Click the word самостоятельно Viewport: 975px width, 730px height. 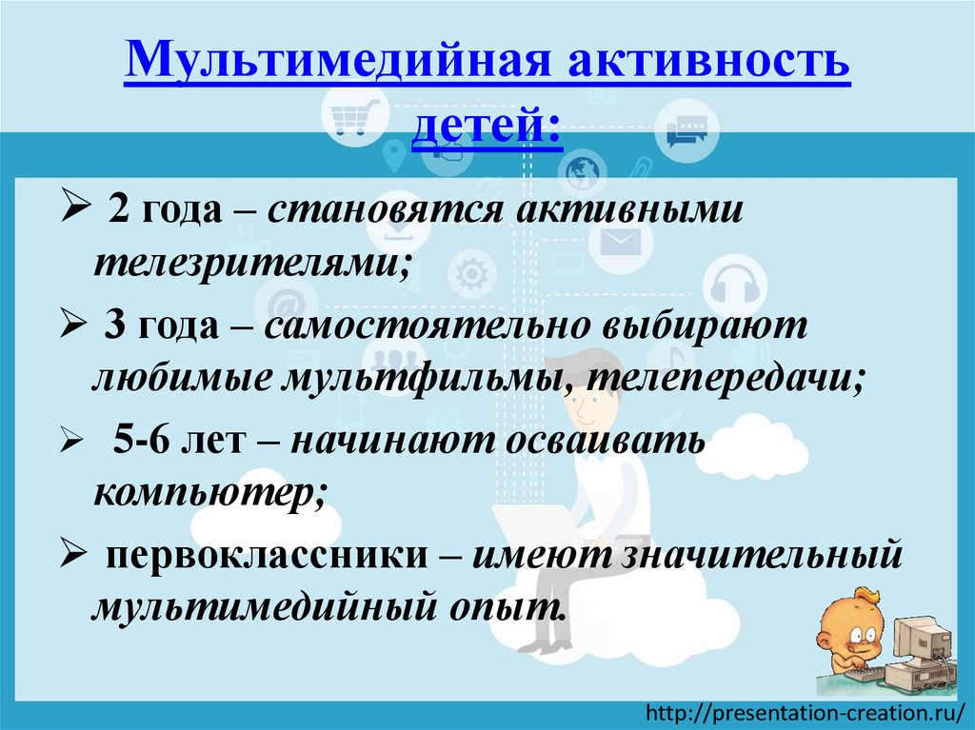[x=425, y=327]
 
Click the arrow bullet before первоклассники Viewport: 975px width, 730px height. [x=73, y=552]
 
